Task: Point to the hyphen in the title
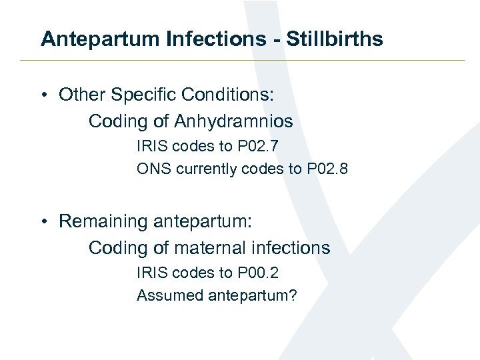(277, 40)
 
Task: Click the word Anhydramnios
(233, 122)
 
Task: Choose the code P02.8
(327, 169)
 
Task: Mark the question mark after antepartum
(293, 295)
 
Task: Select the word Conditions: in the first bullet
(225, 95)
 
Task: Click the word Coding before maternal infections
(118, 248)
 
